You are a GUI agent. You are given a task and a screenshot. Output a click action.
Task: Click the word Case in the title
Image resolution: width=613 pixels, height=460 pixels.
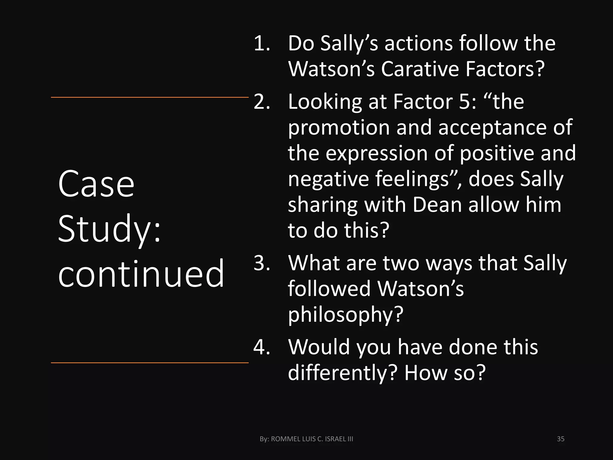pos(96,184)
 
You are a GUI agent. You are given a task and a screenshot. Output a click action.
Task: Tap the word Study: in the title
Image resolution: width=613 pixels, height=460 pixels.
pos(110,229)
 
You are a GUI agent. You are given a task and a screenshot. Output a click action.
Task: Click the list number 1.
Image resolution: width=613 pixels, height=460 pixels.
pos(261,44)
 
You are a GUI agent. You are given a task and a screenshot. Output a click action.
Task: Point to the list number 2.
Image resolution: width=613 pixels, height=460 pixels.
pos(262,102)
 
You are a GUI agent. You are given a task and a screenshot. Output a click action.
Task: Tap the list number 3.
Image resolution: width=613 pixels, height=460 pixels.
pos(262,263)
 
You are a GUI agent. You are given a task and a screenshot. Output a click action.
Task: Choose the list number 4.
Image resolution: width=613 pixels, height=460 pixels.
pos(262,347)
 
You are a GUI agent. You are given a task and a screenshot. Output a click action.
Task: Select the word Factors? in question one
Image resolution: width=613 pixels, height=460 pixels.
pos(505,69)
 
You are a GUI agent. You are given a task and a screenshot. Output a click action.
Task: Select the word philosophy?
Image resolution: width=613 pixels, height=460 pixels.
pos(346,315)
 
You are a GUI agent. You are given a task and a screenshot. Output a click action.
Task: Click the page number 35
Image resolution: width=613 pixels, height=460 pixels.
pos(561,439)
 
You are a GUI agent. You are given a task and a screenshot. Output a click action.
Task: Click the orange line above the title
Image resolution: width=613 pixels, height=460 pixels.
pos(150,97)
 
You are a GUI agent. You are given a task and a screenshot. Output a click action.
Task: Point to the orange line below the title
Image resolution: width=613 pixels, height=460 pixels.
pos(150,363)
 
